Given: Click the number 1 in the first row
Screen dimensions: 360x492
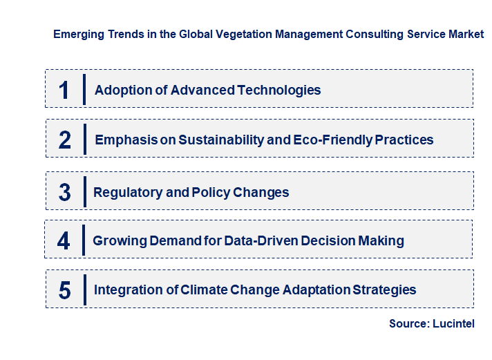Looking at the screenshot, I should pos(64,90).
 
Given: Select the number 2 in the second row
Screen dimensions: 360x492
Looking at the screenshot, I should pos(65,140).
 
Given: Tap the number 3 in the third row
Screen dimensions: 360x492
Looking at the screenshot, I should pos(64,193).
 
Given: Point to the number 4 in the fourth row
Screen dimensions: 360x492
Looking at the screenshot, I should pos(64,241).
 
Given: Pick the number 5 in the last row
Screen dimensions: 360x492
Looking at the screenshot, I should pos(64,290).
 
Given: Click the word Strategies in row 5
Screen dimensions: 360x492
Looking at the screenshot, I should pos(384,290).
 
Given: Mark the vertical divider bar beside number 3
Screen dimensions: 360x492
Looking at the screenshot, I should pos(84,191).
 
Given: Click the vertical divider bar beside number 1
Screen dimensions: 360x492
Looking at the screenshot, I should pos(84,89).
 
